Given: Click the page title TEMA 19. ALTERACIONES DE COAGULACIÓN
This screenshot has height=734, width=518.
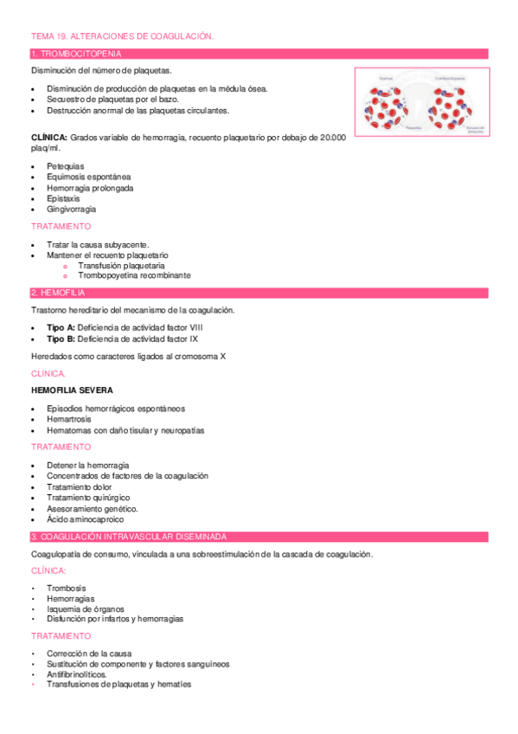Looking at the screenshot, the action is click(121, 36).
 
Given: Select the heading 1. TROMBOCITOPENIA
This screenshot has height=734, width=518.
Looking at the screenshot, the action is click(72, 54).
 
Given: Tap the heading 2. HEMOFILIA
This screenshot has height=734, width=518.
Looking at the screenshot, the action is click(58, 293).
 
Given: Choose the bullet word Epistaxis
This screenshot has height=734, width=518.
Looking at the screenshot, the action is click(63, 198).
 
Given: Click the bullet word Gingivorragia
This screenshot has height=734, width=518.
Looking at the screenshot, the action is click(71, 209).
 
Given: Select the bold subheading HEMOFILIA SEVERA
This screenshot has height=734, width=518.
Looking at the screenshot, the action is click(71, 390).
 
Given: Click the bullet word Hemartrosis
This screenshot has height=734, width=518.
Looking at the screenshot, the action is click(69, 419).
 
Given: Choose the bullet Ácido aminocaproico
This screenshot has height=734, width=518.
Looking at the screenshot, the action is click(85, 520).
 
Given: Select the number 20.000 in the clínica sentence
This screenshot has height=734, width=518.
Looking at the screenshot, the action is click(332, 138).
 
